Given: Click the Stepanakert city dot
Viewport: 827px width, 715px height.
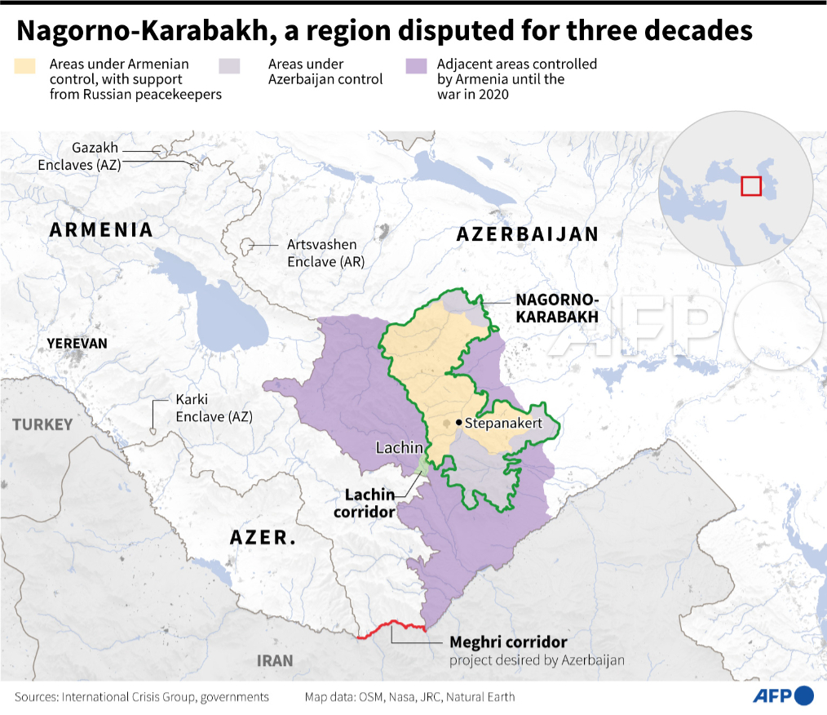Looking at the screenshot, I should [x=459, y=422].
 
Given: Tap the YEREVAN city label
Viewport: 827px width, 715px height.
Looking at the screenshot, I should [x=77, y=344].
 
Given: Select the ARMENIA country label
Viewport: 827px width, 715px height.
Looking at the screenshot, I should [x=101, y=230].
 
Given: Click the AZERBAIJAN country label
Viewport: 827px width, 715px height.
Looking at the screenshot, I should [x=528, y=234].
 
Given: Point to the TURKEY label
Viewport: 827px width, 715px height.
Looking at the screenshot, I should [x=42, y=424].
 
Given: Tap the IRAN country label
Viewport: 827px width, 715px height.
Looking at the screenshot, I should [x=274, y=660].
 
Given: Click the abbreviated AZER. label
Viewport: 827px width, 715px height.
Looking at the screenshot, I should [x=262, y=538].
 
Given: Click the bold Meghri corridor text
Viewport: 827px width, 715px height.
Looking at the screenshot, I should [x=508, y=642].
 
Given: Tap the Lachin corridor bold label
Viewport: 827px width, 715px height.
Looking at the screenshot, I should [x=369, y=503].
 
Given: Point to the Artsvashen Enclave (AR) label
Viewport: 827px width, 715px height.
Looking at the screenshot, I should [x=325, y=253].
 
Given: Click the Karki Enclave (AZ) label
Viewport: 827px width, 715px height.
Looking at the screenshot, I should [x=214, y=408].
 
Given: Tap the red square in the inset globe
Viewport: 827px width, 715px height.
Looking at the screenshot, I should [x=750, y=185].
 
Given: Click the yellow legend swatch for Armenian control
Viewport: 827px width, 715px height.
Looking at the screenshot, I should [x=25, y=65].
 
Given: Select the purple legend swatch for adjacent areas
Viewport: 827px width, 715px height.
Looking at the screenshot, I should [x=416, y=65].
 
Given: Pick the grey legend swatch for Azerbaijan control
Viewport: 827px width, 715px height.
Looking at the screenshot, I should [x=231, y=65].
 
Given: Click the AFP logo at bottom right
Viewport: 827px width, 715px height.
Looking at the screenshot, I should [x=781, y=695].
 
